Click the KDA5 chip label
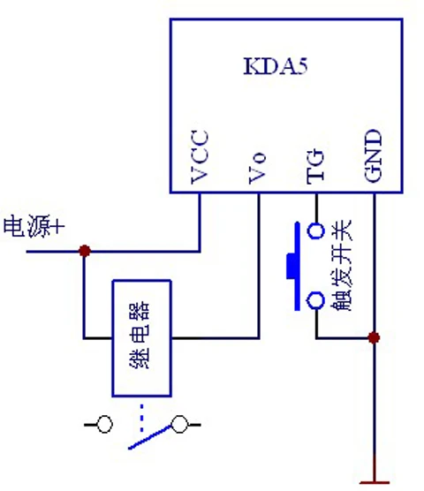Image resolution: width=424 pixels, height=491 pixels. point(276,66)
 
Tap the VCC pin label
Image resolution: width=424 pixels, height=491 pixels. point(200,156)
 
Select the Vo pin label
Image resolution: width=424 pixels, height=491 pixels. point(257,168)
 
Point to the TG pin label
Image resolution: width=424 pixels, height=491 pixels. point(315,167)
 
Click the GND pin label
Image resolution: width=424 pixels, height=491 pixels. point(374,155)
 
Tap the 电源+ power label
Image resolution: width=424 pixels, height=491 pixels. point(34,226)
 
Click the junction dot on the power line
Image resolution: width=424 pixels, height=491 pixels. point(85,251)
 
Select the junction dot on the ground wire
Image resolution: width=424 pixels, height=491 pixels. point(374,338)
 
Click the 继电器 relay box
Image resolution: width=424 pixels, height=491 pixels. point(142,338)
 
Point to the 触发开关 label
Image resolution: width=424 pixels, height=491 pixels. point(341,266)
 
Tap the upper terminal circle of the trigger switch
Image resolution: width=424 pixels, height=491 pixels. point(315,231)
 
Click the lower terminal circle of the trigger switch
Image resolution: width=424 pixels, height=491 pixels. point(315,300)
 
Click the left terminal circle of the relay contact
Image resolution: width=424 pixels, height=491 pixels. point(104,424)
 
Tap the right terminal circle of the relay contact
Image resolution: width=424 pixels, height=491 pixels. point(179,424)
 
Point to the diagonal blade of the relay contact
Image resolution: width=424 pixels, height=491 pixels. point(149,437)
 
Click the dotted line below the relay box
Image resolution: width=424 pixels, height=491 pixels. point(142,418)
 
